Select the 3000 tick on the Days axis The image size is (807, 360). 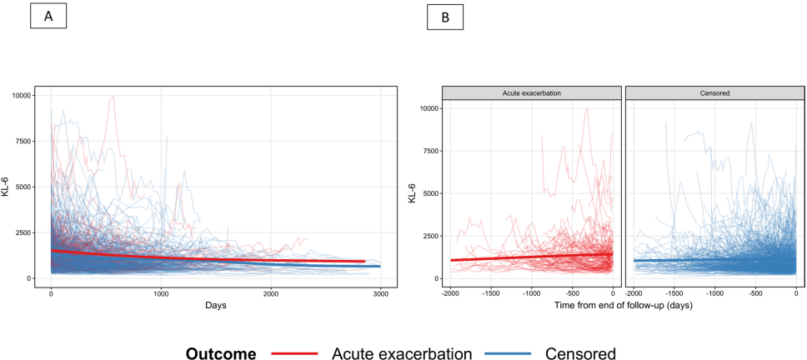pyautogui.click(x=379, y=295)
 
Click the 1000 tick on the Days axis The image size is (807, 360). pyautogui.click(x=161, y=295)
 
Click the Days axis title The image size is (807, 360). pyautogui.click(x=216, y=307)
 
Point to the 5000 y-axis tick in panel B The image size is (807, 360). pyautogui.click(x=430, y=193)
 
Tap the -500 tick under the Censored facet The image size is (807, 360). pyautogui.click(x=755, y=294)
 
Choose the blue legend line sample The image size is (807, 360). pyautogui.click(x=512, y=353)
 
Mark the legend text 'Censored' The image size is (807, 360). pyautogui.click(x=580, y=353)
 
